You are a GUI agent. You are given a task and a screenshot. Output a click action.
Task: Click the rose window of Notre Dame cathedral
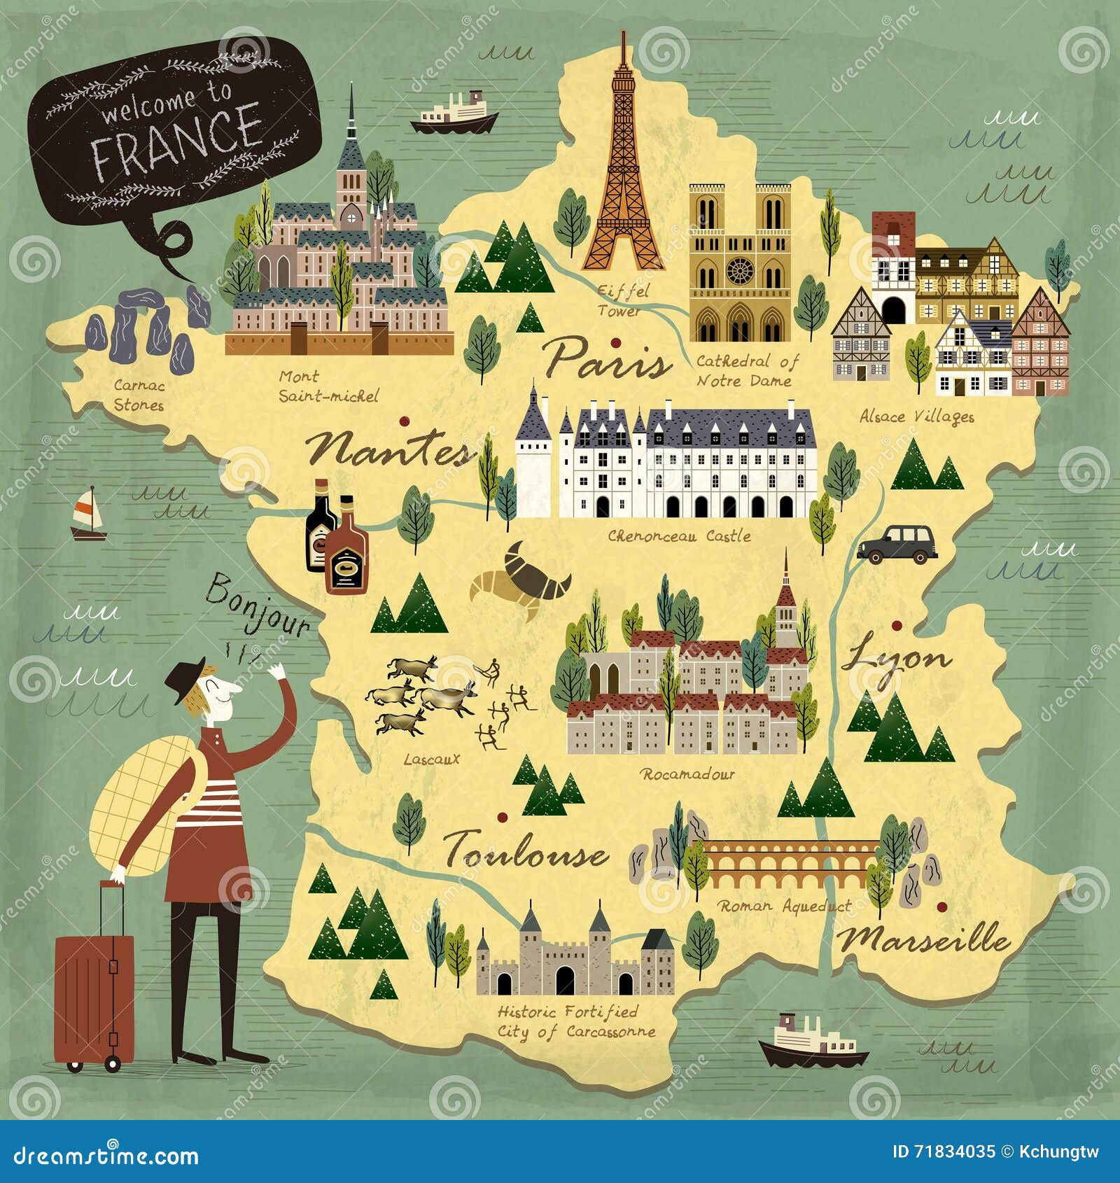[740, 270]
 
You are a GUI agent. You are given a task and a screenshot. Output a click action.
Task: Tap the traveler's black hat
[185, 678]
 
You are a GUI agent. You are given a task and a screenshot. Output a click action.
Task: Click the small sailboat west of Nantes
[88, 514]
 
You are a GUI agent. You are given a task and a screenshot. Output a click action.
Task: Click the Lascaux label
[431, 759]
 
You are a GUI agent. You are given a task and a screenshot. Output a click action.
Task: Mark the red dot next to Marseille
[942, 907]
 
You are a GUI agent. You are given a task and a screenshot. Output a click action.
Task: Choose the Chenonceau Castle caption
[678, 536]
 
